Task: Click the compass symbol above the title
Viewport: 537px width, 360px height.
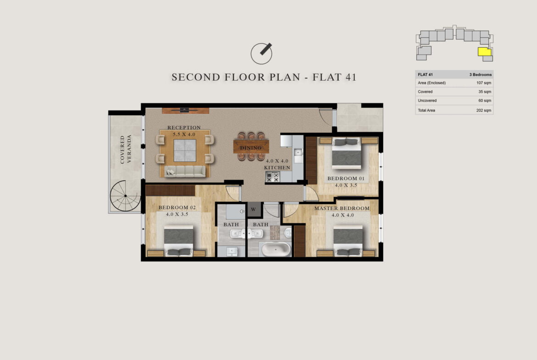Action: [261, 54]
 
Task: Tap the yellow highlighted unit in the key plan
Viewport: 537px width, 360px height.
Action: [485, 52]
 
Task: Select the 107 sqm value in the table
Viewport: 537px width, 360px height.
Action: [484, 83]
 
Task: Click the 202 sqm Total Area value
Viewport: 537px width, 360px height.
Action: [484, 110]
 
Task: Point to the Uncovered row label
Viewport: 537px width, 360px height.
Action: [427, 100]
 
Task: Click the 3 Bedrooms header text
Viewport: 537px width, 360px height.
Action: [481, 75]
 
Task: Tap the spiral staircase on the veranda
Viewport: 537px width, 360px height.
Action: [125, 195]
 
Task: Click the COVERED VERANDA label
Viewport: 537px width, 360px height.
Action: [126, 149]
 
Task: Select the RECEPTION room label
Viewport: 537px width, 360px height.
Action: [184, 127]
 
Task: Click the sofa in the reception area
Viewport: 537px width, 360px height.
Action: [185, 171]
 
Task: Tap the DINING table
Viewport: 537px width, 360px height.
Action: [251, 146]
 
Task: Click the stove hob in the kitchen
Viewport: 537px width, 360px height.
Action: [273, 177]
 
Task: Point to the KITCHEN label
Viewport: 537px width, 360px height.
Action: [277, 168]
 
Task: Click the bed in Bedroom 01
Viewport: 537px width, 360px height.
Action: [347, 153]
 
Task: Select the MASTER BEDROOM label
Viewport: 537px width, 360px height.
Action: [342, 208]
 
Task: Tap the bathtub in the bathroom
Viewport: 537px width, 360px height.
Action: [276, 249]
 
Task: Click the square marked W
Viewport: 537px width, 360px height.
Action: [253, 210]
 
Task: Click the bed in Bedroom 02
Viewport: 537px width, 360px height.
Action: [179, 241]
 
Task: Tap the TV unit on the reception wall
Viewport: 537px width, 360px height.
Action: [185, 111]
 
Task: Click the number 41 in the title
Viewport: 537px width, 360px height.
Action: [351, 78]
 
